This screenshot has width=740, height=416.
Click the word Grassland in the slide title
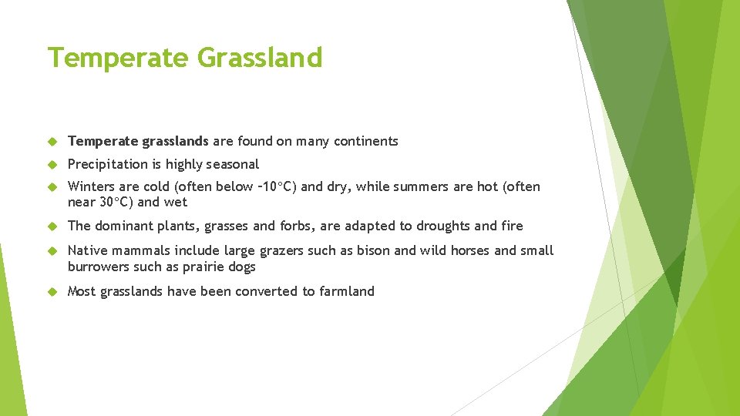click(x=260, y=58)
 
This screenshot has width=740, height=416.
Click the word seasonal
click(x=233, y=164)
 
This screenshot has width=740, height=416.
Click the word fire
click(x=510, y=226)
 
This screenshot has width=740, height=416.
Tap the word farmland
click(x=347, y=291)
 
